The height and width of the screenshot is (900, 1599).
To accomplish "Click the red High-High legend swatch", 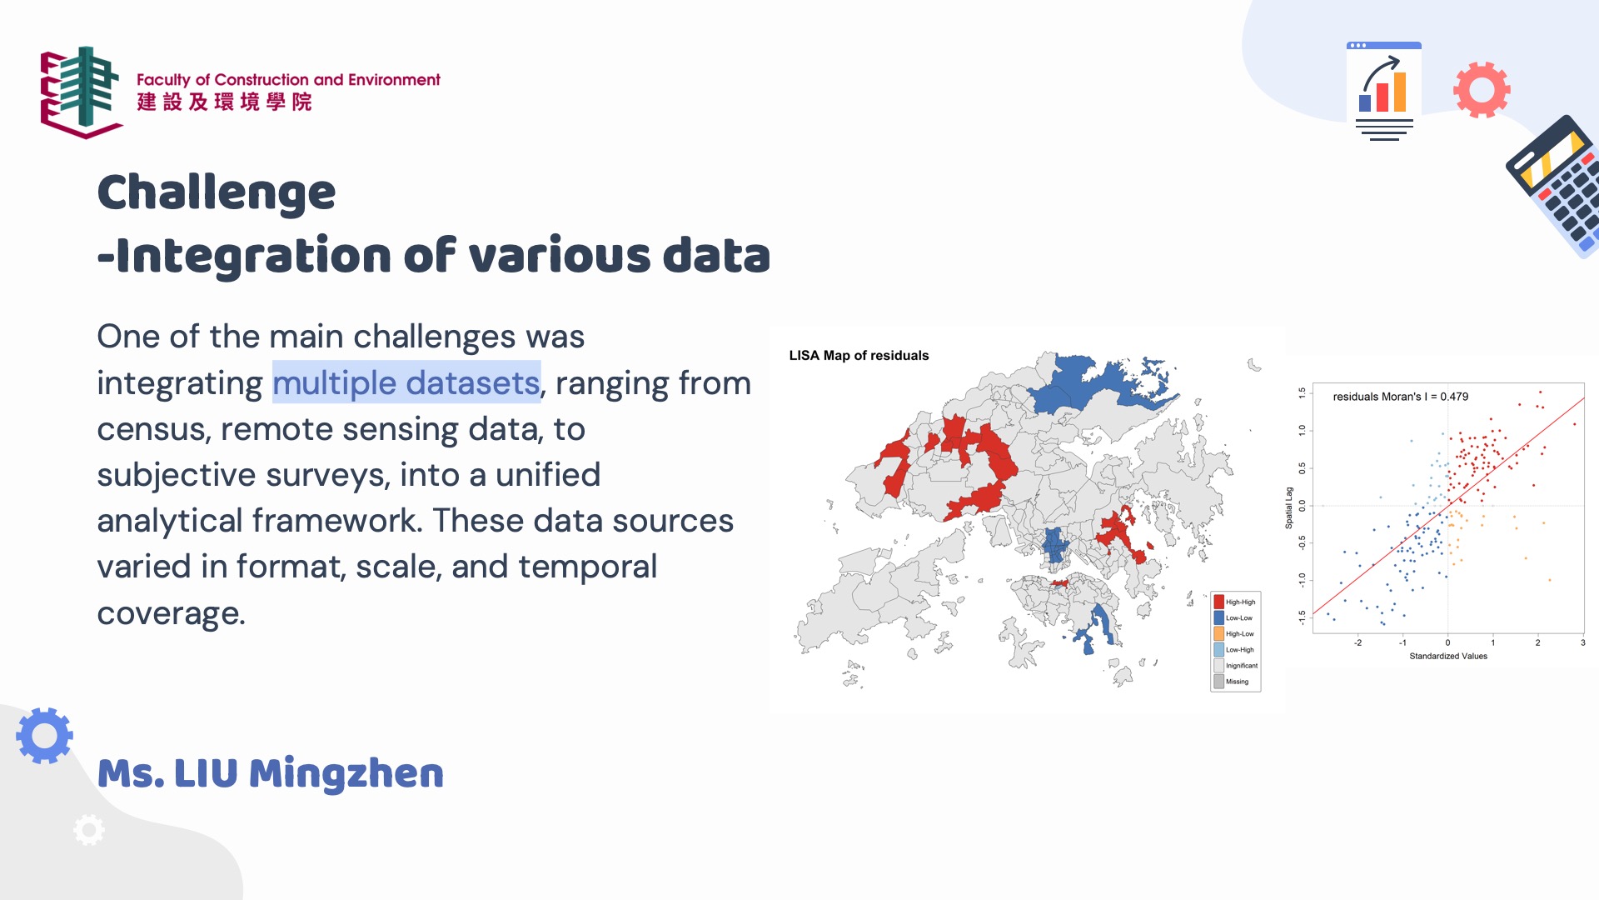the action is pos(1218,602).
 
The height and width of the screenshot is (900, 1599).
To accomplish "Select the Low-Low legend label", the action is pos(1238,618).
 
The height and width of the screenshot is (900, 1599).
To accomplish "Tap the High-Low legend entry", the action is pos(1234,634).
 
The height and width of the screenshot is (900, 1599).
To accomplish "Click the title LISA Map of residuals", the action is pos(859,356).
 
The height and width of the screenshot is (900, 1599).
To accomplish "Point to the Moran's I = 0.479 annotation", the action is pos(1400,397).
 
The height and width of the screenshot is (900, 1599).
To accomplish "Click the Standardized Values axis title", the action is pos(1448,657).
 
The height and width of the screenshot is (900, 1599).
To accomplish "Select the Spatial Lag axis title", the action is pos(1289,507).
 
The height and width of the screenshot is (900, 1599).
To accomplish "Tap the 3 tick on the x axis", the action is pos(1582,642).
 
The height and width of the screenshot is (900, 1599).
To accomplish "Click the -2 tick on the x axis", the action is pos(1357,642).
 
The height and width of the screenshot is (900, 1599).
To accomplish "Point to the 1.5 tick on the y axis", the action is pos(1303,393).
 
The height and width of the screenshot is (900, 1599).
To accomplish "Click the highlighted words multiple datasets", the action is pos(406,382).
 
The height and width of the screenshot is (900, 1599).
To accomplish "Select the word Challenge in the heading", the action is pos(217,193).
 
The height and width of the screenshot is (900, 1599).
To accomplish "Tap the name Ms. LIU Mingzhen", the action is pos(271,774).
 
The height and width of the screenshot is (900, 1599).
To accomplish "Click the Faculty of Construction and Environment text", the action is pos(288,80).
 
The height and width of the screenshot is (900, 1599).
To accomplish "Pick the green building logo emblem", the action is pos(82,92).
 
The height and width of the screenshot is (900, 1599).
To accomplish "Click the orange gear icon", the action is pos(1482,89).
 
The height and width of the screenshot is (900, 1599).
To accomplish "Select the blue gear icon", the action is pos(44,736).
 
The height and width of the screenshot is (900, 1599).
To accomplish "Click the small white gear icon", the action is pos(89,830).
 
